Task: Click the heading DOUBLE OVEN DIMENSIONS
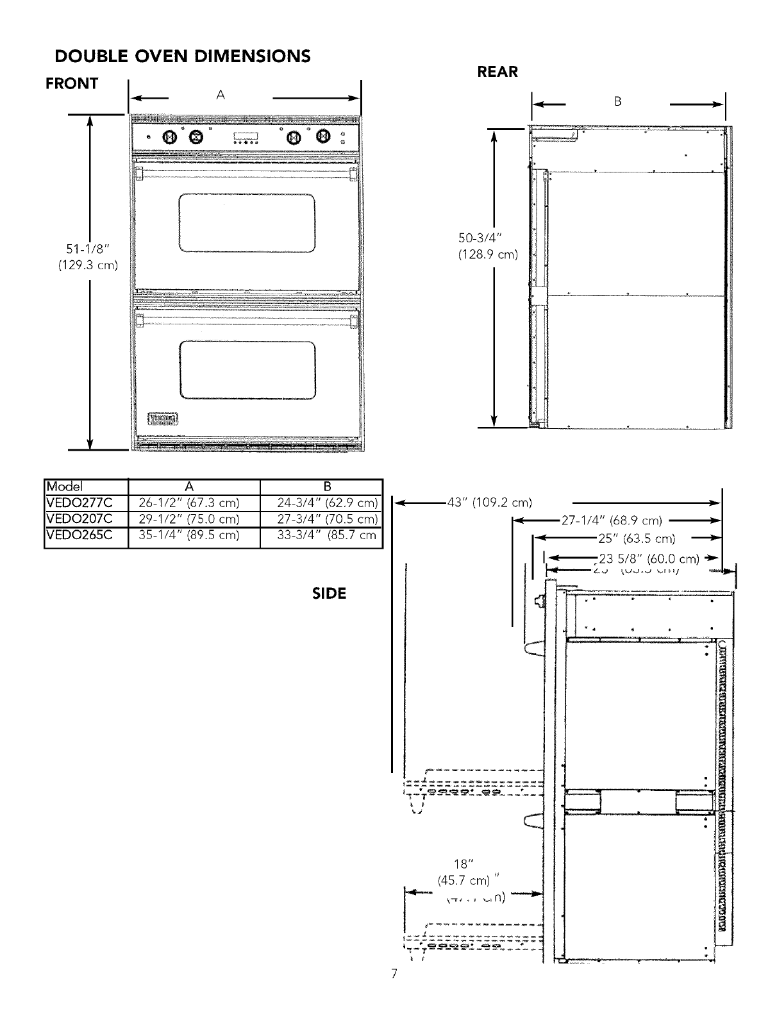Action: (183, 56)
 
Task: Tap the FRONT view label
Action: (72, 83)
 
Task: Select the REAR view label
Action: (497, 72)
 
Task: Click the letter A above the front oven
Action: (220, 96)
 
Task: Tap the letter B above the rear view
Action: (617, 101)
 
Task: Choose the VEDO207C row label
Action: (79, 518)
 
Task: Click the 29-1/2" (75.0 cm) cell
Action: (188, 518)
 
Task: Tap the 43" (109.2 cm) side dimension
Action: (490, 502)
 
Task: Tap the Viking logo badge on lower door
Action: (163, 419)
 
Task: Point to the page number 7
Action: (394, 993)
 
